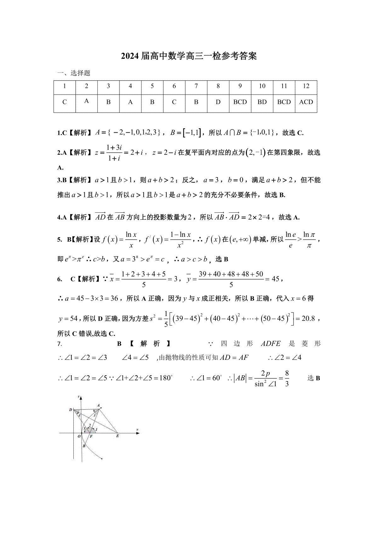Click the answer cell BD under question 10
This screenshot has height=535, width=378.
(262, 102)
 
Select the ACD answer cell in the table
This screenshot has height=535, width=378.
(306, 102)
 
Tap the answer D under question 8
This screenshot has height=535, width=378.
(218, 102)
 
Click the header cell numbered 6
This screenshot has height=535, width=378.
(174, 86)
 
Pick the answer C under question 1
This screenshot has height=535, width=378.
(65, 102)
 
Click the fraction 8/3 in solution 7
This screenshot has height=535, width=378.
(287, 378)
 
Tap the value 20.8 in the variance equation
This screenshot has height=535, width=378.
(308, 319)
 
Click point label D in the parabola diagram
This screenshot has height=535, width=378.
(71, 410)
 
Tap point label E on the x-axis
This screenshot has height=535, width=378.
(118, 436)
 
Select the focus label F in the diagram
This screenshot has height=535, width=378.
(91, 436)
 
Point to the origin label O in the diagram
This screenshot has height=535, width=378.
(79, 436)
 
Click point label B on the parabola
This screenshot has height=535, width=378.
(84, 446)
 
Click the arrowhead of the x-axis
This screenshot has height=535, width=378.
(138, 433)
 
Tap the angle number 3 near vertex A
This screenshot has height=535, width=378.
(94, 415)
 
